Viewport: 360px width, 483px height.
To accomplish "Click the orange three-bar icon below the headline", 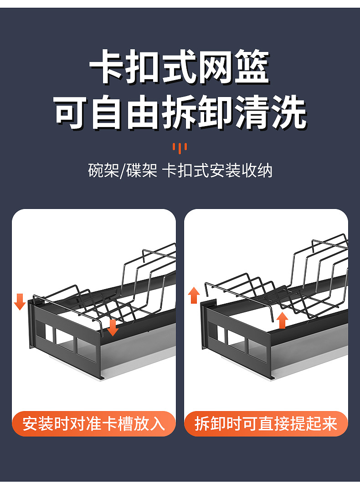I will (180, 147).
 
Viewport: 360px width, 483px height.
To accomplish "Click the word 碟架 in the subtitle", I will (142, 171).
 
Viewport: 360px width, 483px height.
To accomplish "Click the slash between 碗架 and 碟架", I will (122, 171).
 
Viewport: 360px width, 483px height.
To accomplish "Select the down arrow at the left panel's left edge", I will (20, 301).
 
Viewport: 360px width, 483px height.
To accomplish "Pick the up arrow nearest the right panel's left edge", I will (194, 295).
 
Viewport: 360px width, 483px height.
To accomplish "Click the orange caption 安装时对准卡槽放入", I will (93, 424).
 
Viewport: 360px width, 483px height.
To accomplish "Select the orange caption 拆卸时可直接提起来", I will (266, 424).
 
